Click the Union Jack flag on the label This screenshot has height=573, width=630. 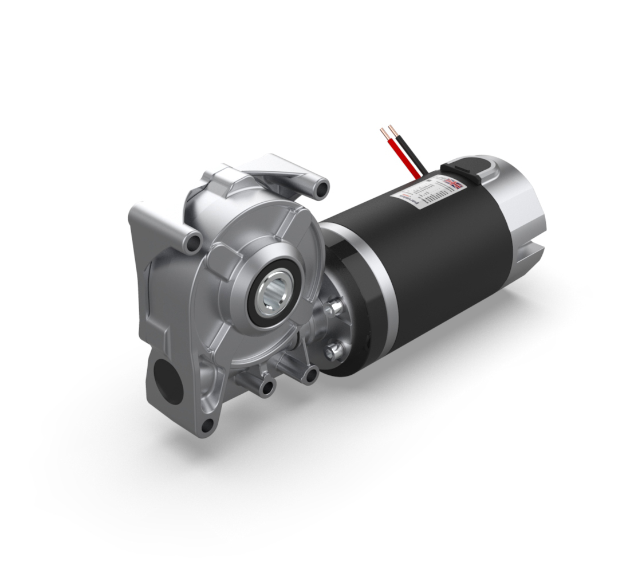(454, 183)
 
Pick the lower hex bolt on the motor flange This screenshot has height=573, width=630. (333, 350)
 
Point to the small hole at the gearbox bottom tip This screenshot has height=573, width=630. (207, 425)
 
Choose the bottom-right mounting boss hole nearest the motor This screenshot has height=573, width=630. (312, 375)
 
